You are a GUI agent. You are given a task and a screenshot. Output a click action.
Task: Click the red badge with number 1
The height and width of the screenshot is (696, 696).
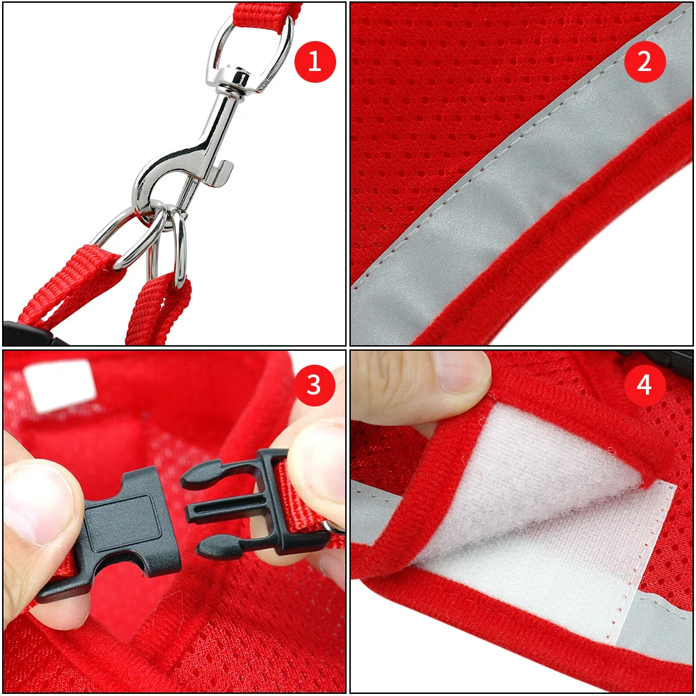point(315,62)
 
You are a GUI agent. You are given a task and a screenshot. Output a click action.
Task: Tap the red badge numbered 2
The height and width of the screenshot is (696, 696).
point(644,62)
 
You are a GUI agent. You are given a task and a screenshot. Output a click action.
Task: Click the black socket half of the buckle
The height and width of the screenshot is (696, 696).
point(118,529)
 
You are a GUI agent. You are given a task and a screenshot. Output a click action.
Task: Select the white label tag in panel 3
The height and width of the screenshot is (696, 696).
point(59,382)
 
